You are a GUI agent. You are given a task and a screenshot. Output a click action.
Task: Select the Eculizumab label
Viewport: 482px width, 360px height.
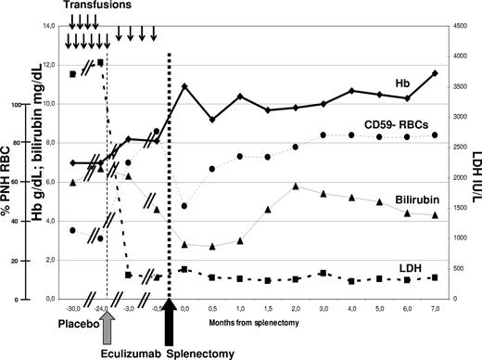tap(127, 352)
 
